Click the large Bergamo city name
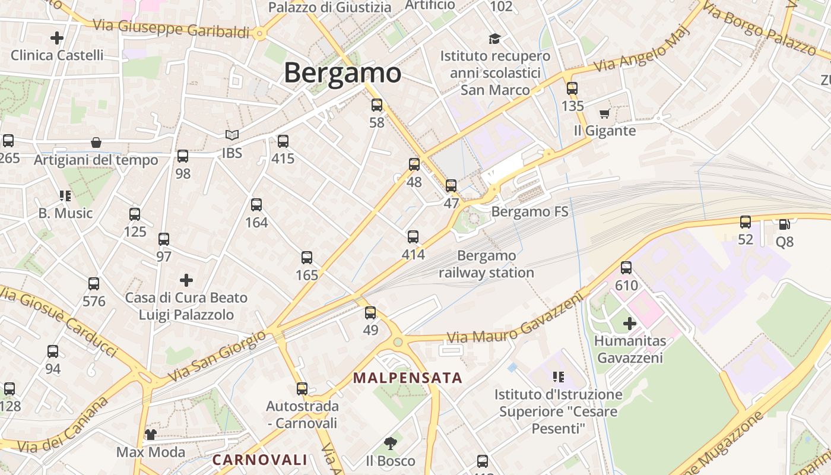pyautogui.click(x=342, y=73)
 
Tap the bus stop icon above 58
pyautogui.click(x=377, y=105)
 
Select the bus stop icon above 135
pyautogui.click(x=572, y=88)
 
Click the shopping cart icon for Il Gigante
pyautogui.click(x=605, y=113)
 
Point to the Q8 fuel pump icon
pyautogui.click(x=784, y=224)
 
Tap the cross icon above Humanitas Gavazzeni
pyautogui.click(x=630, y=324)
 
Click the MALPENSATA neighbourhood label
pyautogui.click(x=407, y=378)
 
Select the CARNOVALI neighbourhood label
pyautogui.click(x=260, y=460)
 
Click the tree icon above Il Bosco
pyautogui.click(x=390, y=443)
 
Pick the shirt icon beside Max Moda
pyautogui.click(x=150, y=435)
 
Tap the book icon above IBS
pyautogui.click(x=231, y=135)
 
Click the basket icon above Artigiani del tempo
pyautogui.click(x=96, y=142)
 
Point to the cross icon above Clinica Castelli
pyautogui.click(x=57, y=39)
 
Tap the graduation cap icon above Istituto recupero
pyautogui.click(x=494, y=39)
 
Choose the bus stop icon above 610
pyautogui.click(x=626, y=268)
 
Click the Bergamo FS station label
pyautogui.click(x=529, y=212)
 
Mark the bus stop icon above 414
pyautogui.click(x=413, y=237)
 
